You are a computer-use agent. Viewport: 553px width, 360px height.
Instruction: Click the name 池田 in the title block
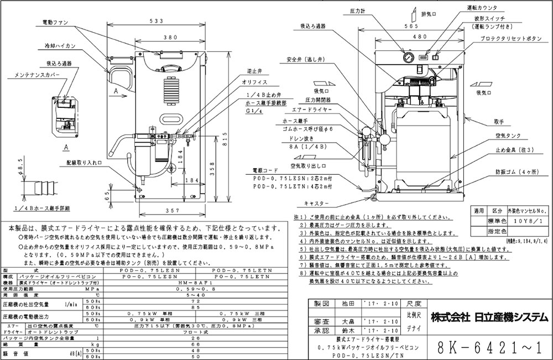point(343,304)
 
